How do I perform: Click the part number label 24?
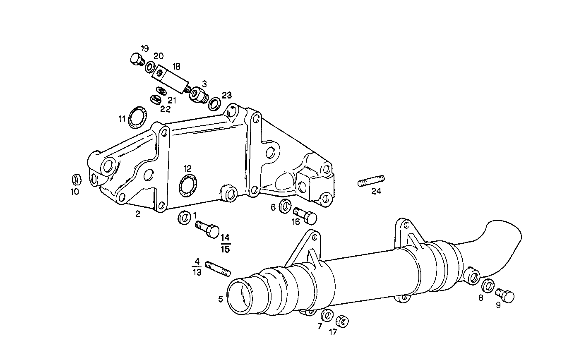pyautogui.click(x=376, y=191)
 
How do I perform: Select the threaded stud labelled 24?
pyautogui.click(x=371, y=181)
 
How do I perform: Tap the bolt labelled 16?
pyautogui.click(x=305, y=215)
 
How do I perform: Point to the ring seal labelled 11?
pyautogui.click(x=136, y=117)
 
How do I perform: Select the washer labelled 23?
pyautogui.click(x=214, y=103)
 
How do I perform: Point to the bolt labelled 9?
pyautogui.click(x=505, y=295)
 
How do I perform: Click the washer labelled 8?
pyautogui.click(x=488, y=286)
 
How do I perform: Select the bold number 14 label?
pyautogui.click(x=225, y=238)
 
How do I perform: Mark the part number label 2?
pyautogui.click(x=137, y=214)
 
